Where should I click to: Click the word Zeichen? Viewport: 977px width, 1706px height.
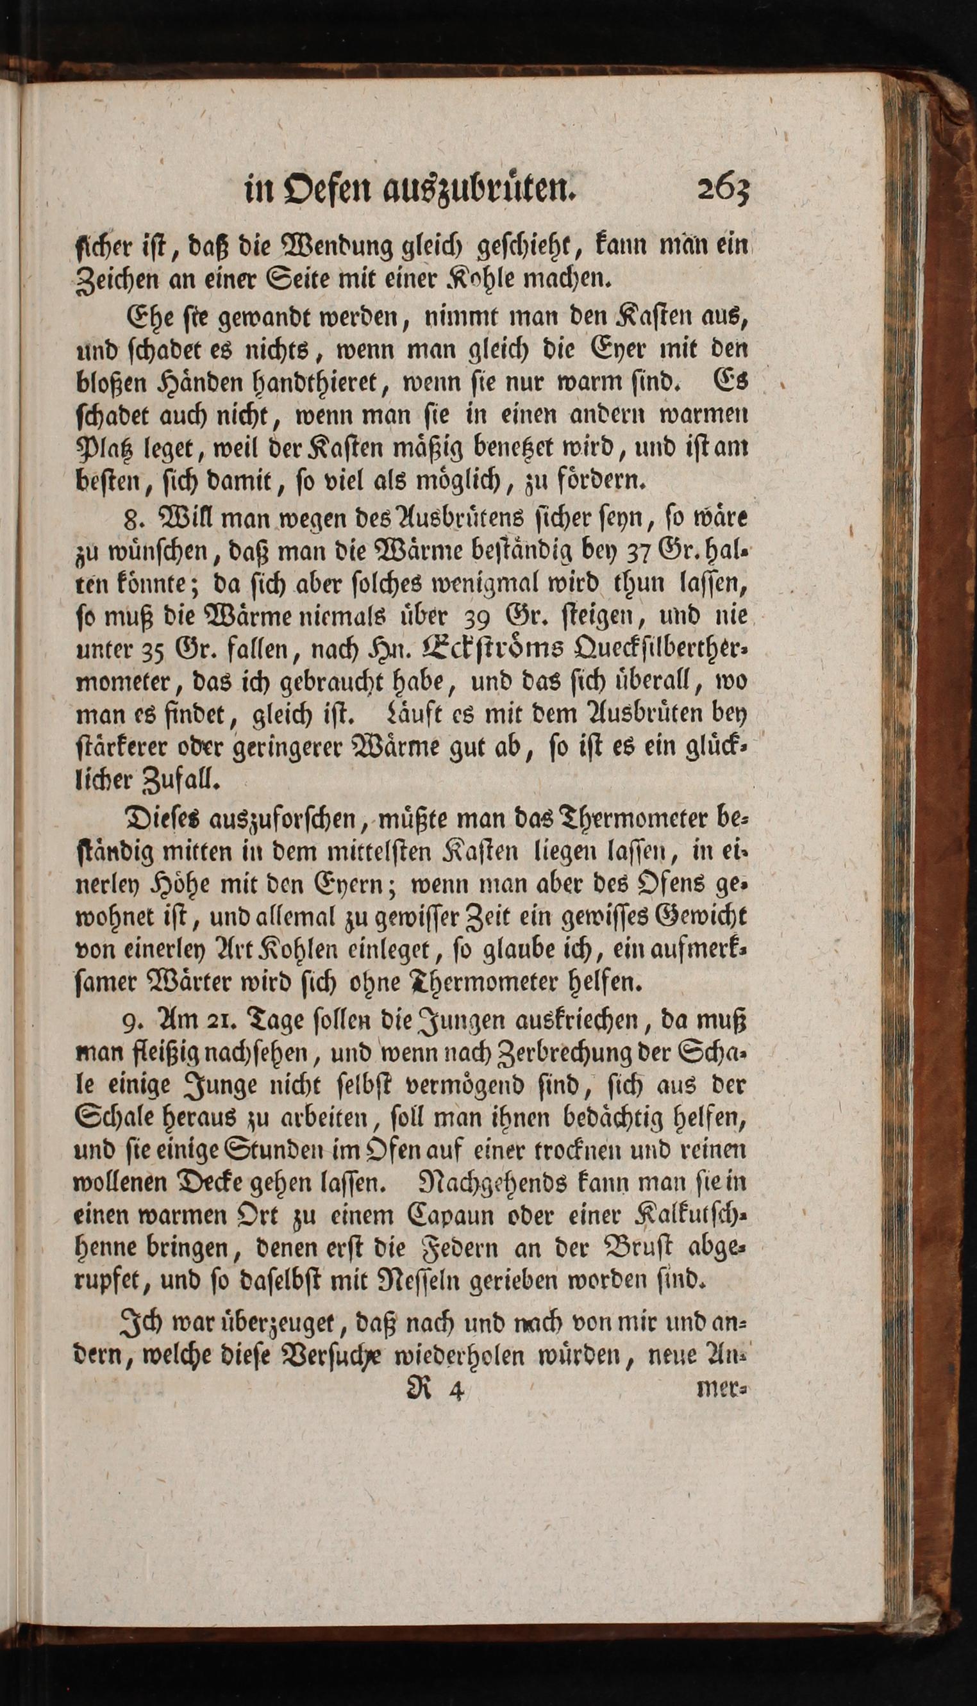coord(117,277)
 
